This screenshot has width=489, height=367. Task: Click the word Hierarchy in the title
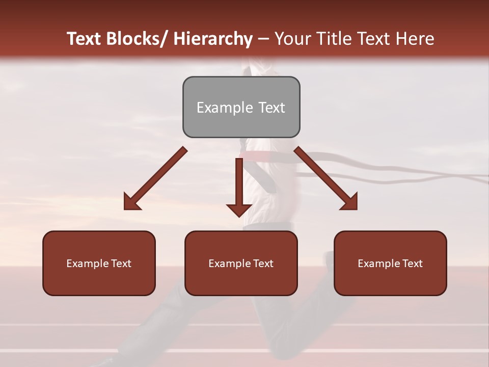(213, 39)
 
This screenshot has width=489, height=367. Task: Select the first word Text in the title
(84, 39)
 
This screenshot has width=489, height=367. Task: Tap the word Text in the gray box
(271, 108)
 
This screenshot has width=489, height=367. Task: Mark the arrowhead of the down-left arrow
(132, 202)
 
